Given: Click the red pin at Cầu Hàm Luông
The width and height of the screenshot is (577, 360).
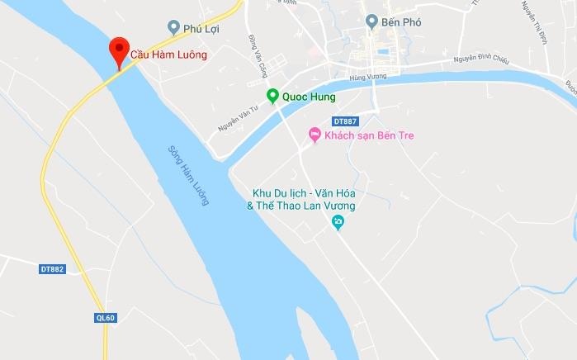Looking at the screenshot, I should click(x=119, y=50).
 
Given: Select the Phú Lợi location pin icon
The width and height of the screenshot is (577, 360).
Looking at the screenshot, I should click(x=173, y=27).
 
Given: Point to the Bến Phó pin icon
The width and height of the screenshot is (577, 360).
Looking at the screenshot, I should click(x=372, y=21).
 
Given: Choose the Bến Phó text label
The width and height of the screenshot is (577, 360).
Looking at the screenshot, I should click(x=402, y=22).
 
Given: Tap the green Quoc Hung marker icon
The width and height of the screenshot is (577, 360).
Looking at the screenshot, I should click(x=272, y=97).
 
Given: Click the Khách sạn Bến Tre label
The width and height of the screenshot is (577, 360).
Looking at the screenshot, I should click(x=369, y=135).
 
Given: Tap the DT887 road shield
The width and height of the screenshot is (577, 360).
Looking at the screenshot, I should click(x=347, y=121).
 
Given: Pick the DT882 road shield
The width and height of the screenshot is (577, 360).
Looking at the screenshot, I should click(x=52, y=269).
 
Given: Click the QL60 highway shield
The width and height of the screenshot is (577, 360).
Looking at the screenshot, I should click(x=105, y=317).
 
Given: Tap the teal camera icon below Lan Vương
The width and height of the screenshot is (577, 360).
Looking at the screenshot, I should click(x=338, y=222).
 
